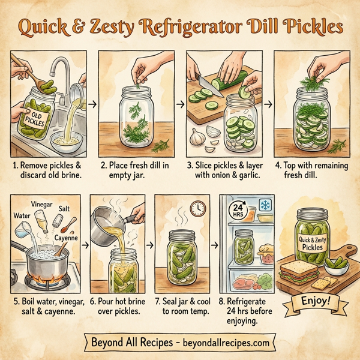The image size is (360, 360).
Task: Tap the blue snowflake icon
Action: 264,205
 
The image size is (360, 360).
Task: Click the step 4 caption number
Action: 278,163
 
